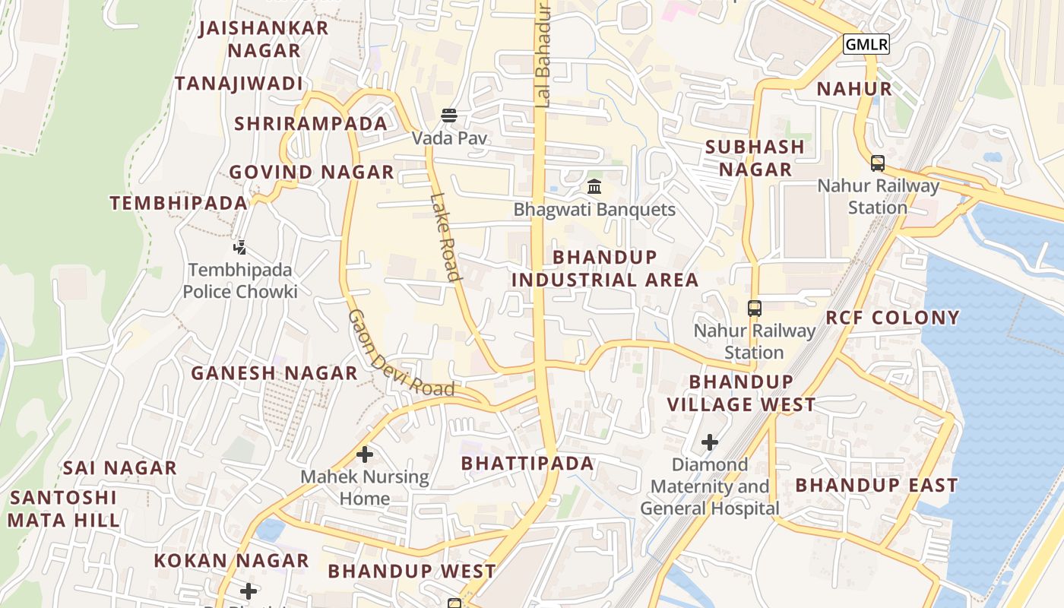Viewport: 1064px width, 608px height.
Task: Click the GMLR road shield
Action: click(866, 44)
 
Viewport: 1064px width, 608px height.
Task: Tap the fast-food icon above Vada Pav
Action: click(449, 116)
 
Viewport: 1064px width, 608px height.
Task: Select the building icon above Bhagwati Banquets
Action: click(594, 186)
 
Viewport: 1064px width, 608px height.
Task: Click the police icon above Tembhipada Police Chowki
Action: click(240, 247)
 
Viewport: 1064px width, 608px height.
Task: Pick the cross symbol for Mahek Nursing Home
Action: click(365, 454)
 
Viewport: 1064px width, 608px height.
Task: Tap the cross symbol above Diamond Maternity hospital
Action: click(710, 442)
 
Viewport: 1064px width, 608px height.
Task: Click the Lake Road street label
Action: click(445, 237)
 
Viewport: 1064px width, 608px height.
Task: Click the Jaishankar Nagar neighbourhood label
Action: click(264, 40)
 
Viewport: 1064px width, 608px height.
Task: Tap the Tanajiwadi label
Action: click(239, 84)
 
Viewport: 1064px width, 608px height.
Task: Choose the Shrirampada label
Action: click(311, 124)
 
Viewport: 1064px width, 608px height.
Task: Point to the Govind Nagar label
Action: click(312, 173)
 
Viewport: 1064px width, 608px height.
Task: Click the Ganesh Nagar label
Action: click(274, 373)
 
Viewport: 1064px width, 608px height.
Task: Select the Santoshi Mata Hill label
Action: click(64, 509)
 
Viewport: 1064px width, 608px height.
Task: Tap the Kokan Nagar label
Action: click(231, 561)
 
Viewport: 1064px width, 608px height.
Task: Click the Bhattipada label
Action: click(527, 463)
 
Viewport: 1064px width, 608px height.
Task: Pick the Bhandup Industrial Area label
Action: click(605, 268)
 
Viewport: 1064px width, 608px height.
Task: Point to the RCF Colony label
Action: click(892, 318)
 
